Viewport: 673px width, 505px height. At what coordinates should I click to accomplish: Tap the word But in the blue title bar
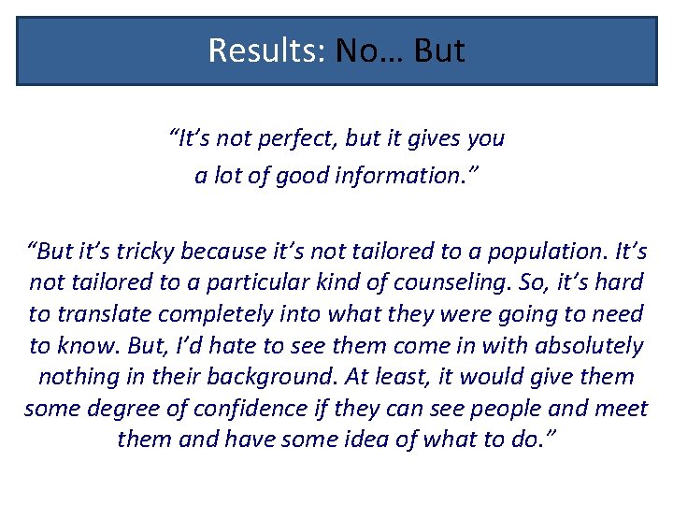pyautogui.click(x=438, y=50)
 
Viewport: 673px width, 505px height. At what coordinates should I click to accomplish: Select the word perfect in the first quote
pyautogui.click(x=297, y=139)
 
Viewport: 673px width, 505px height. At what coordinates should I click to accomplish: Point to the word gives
pyautogui.click(x=427, y=139)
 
